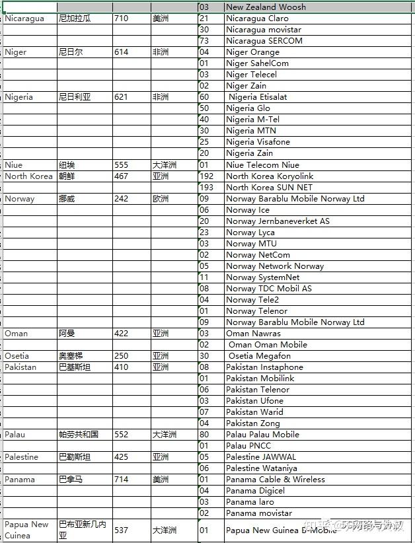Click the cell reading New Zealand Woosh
[x=266, y=7]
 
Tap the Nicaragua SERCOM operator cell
[x=264, y=41]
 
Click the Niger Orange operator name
[x=252, y=52]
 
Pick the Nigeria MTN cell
[x=250, y=131]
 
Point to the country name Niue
[x=13, y=165]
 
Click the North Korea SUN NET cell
[x=269, y=188]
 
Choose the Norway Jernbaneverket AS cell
[x=278, y=221]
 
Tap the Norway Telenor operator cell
[x=256, y=311]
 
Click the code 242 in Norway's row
[x=121, y=199]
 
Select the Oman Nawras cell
[x=253, y=334]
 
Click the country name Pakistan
[x=20, y=367]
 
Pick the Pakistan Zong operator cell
[x=252, y=423]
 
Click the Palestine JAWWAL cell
[x=261, y=457]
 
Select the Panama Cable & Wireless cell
[x=275, y=480]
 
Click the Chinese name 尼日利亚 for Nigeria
[x=75, y=97]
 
